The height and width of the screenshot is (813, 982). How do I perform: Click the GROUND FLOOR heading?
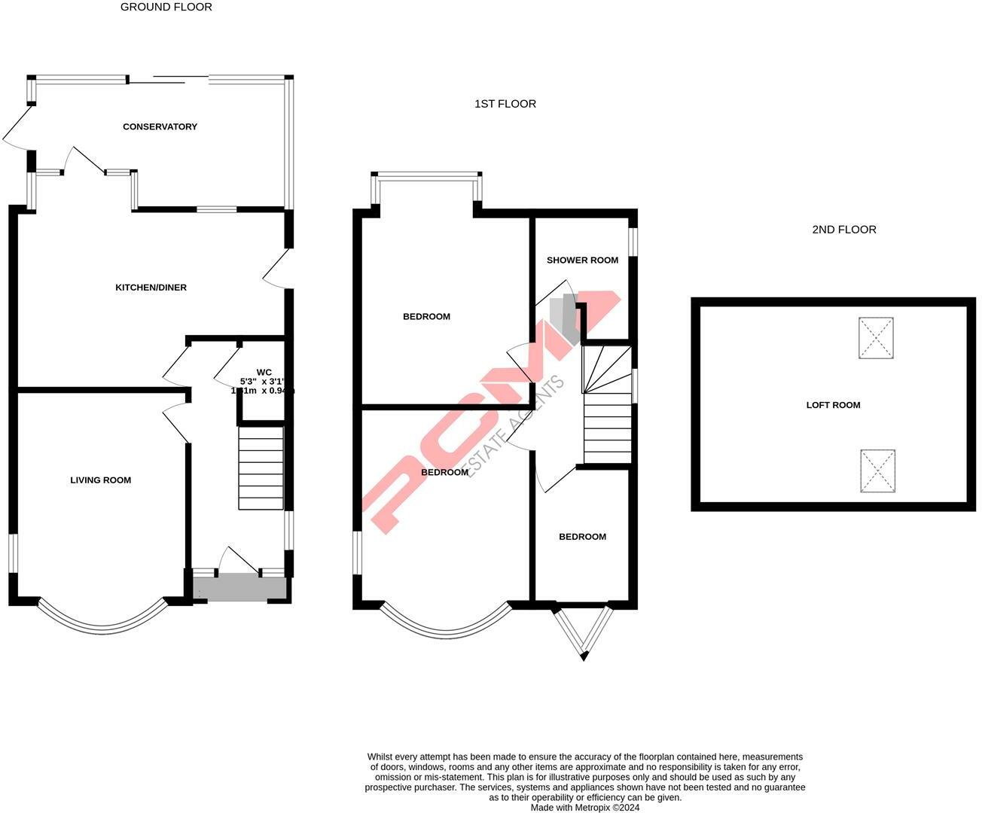(166, 7)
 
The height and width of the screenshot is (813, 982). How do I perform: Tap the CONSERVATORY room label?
(160, 126)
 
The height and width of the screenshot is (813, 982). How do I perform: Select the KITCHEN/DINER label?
(151, 288)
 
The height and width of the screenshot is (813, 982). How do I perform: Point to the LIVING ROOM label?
(101, 480)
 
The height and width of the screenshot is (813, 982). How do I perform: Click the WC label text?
(264, 372)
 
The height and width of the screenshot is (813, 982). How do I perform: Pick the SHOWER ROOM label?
(582, 260)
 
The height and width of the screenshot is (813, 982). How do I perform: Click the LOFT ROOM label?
(833, 405)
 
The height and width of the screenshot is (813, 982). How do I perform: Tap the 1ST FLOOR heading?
(505, 104)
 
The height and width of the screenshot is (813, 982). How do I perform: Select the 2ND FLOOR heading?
(843, 230)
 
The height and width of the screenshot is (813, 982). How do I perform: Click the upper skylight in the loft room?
(876, 338)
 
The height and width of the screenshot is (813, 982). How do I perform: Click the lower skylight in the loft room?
(878, 471)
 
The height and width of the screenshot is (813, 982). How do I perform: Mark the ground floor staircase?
(261, 468)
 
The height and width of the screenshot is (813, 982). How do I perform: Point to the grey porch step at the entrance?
(240, 587)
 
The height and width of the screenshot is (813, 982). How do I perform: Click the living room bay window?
(102, 622)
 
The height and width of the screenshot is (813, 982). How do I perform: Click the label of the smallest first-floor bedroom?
(582, 537)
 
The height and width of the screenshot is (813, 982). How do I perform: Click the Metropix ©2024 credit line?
(585, 808)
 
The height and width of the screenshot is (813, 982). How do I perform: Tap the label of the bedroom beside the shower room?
(426, 317)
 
